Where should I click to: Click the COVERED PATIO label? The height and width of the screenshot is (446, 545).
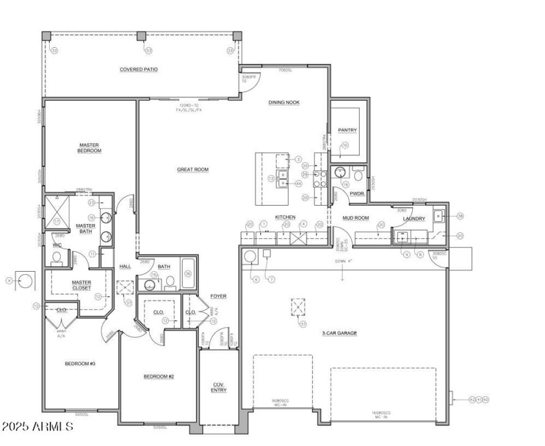139,69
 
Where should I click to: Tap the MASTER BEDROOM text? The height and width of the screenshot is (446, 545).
90,147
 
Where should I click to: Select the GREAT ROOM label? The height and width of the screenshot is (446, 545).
194,170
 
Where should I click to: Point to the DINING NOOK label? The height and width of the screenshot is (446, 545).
284,103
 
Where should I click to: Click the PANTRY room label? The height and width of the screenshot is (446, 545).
347,130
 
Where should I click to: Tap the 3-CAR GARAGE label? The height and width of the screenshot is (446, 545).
339,333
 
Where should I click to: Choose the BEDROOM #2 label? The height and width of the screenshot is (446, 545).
159,377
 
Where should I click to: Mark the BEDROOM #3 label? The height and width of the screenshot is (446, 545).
79,364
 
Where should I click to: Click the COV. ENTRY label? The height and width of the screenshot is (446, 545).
219,387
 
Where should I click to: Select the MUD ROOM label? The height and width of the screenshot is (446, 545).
356,218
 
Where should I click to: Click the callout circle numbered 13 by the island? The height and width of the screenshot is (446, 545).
271,178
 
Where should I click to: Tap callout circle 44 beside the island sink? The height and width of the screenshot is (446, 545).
298,182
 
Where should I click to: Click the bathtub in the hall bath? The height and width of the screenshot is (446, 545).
188,275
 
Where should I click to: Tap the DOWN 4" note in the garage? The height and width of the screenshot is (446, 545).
343,261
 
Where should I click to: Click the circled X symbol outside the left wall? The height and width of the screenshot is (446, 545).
25,280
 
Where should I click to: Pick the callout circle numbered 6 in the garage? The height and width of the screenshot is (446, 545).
256,278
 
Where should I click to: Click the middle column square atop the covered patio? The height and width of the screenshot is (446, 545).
142,35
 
